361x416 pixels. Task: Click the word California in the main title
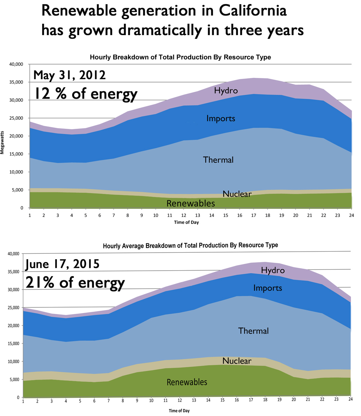[x=253, y=11]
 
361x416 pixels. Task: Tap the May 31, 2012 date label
[x=70, y=75]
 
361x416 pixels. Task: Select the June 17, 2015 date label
[x=63, y=264]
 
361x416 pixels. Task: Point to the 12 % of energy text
[x=86, y=94]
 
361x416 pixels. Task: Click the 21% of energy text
[x=75, y=283]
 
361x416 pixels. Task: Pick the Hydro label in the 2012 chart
[x=226, y=91]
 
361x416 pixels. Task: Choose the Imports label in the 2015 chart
[x=267, y=288]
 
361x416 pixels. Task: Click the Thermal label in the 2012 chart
[x=218, y=160]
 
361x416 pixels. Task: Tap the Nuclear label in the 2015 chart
[x=237, y=361]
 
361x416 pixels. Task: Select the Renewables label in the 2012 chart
[x=191, y=203]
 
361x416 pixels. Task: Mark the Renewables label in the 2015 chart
[x=187, y=382]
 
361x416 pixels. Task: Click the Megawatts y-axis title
[x=2, y=142]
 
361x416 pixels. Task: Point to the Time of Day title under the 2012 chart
[x=186, y=222]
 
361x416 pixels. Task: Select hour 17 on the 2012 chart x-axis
[x=254, y=215]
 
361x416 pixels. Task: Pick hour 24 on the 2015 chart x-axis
[x=351, y=399]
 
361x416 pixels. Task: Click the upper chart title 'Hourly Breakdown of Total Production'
[x=180, y=57]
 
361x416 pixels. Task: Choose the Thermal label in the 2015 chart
[x=253, y=331]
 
